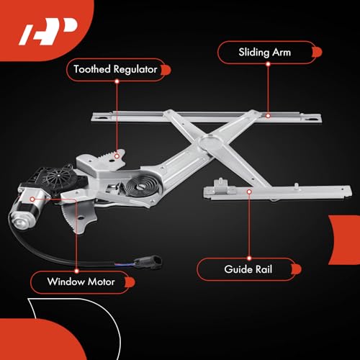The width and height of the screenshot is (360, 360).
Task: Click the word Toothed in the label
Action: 92,69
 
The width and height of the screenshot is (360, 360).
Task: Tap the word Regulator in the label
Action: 135,70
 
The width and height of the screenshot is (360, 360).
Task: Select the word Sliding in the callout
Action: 254,53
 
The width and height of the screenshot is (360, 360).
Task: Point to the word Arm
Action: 282,53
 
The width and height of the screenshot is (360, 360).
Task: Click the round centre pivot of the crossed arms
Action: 211,143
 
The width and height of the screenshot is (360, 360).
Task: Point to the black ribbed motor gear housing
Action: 58,178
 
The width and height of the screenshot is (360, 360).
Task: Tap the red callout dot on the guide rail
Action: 249,192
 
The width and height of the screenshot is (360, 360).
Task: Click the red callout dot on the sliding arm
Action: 268,116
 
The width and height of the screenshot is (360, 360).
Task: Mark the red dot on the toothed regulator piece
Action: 117,156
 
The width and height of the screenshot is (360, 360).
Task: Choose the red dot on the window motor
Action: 32,199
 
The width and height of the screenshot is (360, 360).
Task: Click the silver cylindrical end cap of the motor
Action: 20,220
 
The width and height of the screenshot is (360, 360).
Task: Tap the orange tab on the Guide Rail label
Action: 297,269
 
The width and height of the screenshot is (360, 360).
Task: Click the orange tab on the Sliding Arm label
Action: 318,53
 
